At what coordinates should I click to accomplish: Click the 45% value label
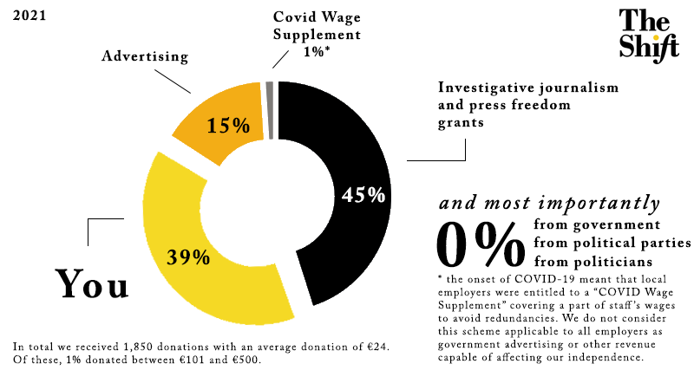[363, 194]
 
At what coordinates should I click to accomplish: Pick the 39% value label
[188, 257]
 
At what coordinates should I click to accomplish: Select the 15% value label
[228, 126]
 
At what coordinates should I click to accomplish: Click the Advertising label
[145, 57]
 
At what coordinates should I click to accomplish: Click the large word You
[91, 283]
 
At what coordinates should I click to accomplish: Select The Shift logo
[647, 34]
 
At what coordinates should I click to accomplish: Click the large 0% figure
[480, 244]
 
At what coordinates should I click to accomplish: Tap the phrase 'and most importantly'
[547, 205]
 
